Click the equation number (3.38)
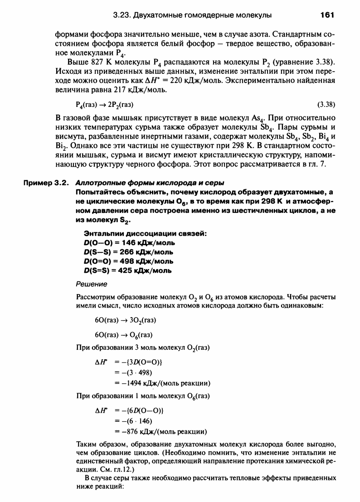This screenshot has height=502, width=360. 326,105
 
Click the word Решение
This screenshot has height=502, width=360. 91,284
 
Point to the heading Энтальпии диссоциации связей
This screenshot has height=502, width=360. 146,233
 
